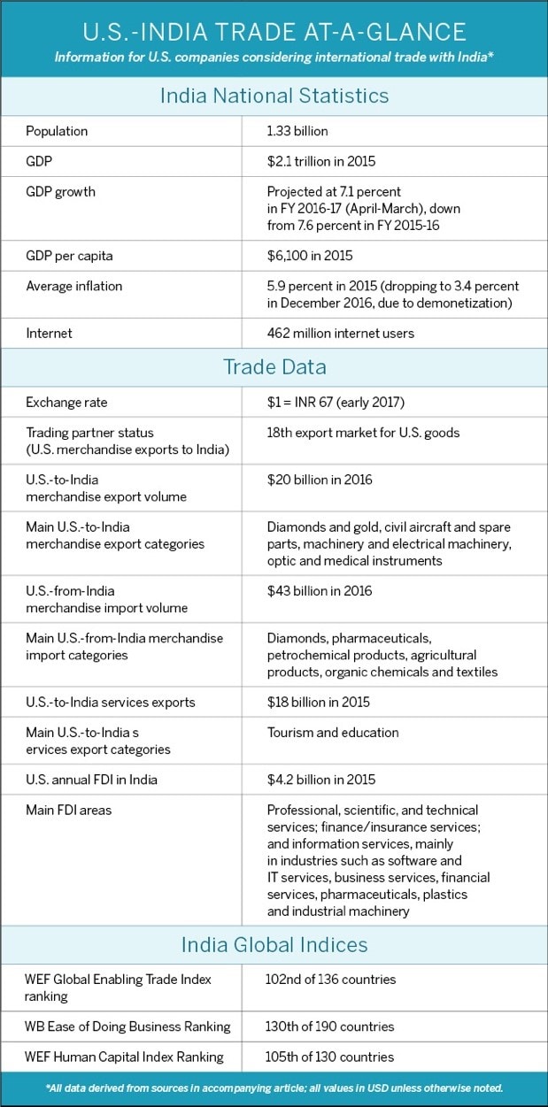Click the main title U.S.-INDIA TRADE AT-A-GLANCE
tap(274, 32)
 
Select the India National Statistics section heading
tap(274, 96)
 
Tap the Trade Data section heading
tap(274, 367)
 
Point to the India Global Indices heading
tap(274, 944)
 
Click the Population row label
tap(57, 131)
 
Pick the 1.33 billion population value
tap(297, 131)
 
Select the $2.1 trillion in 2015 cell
tap(321, 161)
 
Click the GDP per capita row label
tap(69, 256)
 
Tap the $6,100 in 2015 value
tap(310, 256)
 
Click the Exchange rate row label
tap(66, 403)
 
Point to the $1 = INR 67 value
tap(336, 403)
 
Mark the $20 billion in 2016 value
tap(320, 480)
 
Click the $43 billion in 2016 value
tap(320, 591)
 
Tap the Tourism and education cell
tap(333, 733)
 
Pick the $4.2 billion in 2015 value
tap(321, 780)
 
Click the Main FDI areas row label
tap(69, 810)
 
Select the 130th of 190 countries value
tap(330, 1026)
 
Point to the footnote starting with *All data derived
tap(274, 1088)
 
